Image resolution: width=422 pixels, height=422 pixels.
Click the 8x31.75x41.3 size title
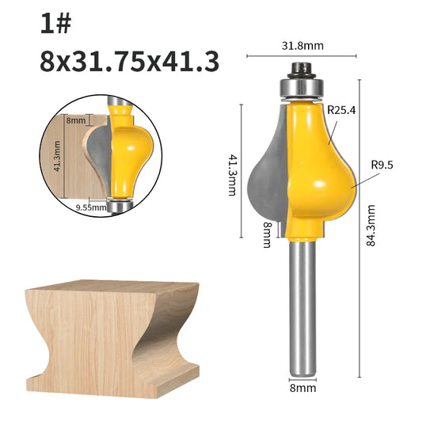coord(130,62)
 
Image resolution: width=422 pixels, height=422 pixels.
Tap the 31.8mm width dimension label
coord(302,46)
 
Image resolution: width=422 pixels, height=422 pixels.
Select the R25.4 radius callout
coord(341,110)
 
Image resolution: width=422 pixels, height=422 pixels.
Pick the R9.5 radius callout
coord(382,165)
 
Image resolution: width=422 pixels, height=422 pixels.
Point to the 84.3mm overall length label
coord(371,226)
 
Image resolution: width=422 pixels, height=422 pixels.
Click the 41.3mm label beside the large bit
coord(232,175)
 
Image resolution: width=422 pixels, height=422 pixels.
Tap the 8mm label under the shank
coord(302,388)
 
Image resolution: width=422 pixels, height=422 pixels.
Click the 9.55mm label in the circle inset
coord(91,207)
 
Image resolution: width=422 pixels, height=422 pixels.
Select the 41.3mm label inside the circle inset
coord(57,156)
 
